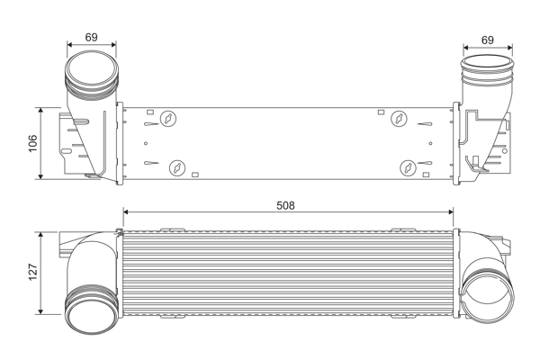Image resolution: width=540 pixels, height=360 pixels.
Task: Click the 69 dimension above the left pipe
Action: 92,38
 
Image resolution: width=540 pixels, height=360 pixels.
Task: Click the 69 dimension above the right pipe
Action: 487,40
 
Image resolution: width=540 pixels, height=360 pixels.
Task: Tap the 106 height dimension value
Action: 31,142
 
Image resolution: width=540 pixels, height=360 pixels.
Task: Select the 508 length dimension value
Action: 284,205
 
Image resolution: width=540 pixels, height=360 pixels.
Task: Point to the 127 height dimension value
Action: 31,271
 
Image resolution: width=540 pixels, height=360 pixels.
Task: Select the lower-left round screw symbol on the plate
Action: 176,166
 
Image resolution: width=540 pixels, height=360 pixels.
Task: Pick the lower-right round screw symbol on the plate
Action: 409,166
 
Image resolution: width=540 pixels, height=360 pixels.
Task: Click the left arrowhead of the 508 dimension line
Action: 126,212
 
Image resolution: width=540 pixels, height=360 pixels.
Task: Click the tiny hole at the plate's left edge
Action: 146,143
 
